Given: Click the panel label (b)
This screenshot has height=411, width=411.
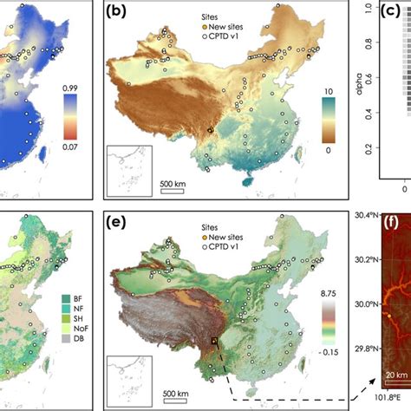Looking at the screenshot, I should (117, 13).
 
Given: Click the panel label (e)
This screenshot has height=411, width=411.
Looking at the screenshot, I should (117, 222).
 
